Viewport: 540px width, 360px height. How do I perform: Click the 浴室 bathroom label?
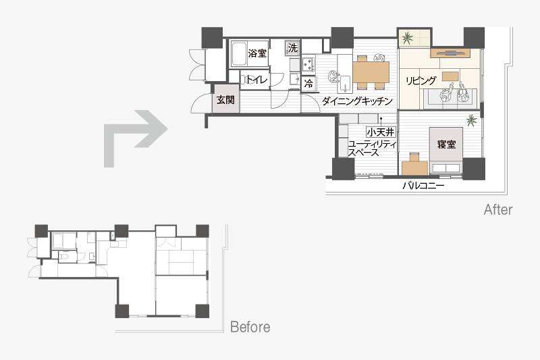click(x=257, y=53)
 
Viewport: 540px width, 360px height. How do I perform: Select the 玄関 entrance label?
click(x=225, y=100)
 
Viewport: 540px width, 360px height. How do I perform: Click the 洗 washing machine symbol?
click(x=292, y=48)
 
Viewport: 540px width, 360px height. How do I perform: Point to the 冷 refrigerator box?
click(x=309, y=83)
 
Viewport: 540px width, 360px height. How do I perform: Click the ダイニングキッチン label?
click(x=357, y=101)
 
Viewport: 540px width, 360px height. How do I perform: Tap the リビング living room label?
click(x=421, y=81)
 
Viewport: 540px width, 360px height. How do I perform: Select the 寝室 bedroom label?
click(x=446, y=145)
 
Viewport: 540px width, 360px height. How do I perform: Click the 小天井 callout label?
click(x=381, y=132)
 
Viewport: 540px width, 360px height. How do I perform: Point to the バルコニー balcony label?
click(x=424, y=186)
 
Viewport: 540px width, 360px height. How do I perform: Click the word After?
click(x=498, y=209)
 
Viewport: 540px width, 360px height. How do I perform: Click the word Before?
click(x=250, y=327)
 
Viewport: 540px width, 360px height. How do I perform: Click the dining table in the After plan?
click(x=371, y=72)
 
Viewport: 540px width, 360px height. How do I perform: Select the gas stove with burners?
click(x=308, y=64)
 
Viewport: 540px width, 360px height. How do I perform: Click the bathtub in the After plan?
click(x=239, y=54)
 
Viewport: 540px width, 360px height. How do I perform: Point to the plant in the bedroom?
click(x=471, y=120)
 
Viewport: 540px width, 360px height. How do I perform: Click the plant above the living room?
click(x=408, y=38)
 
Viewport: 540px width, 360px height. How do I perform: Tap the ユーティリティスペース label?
click(x=372, y=149)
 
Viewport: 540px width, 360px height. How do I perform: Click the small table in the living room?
click(x=450, y=76)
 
